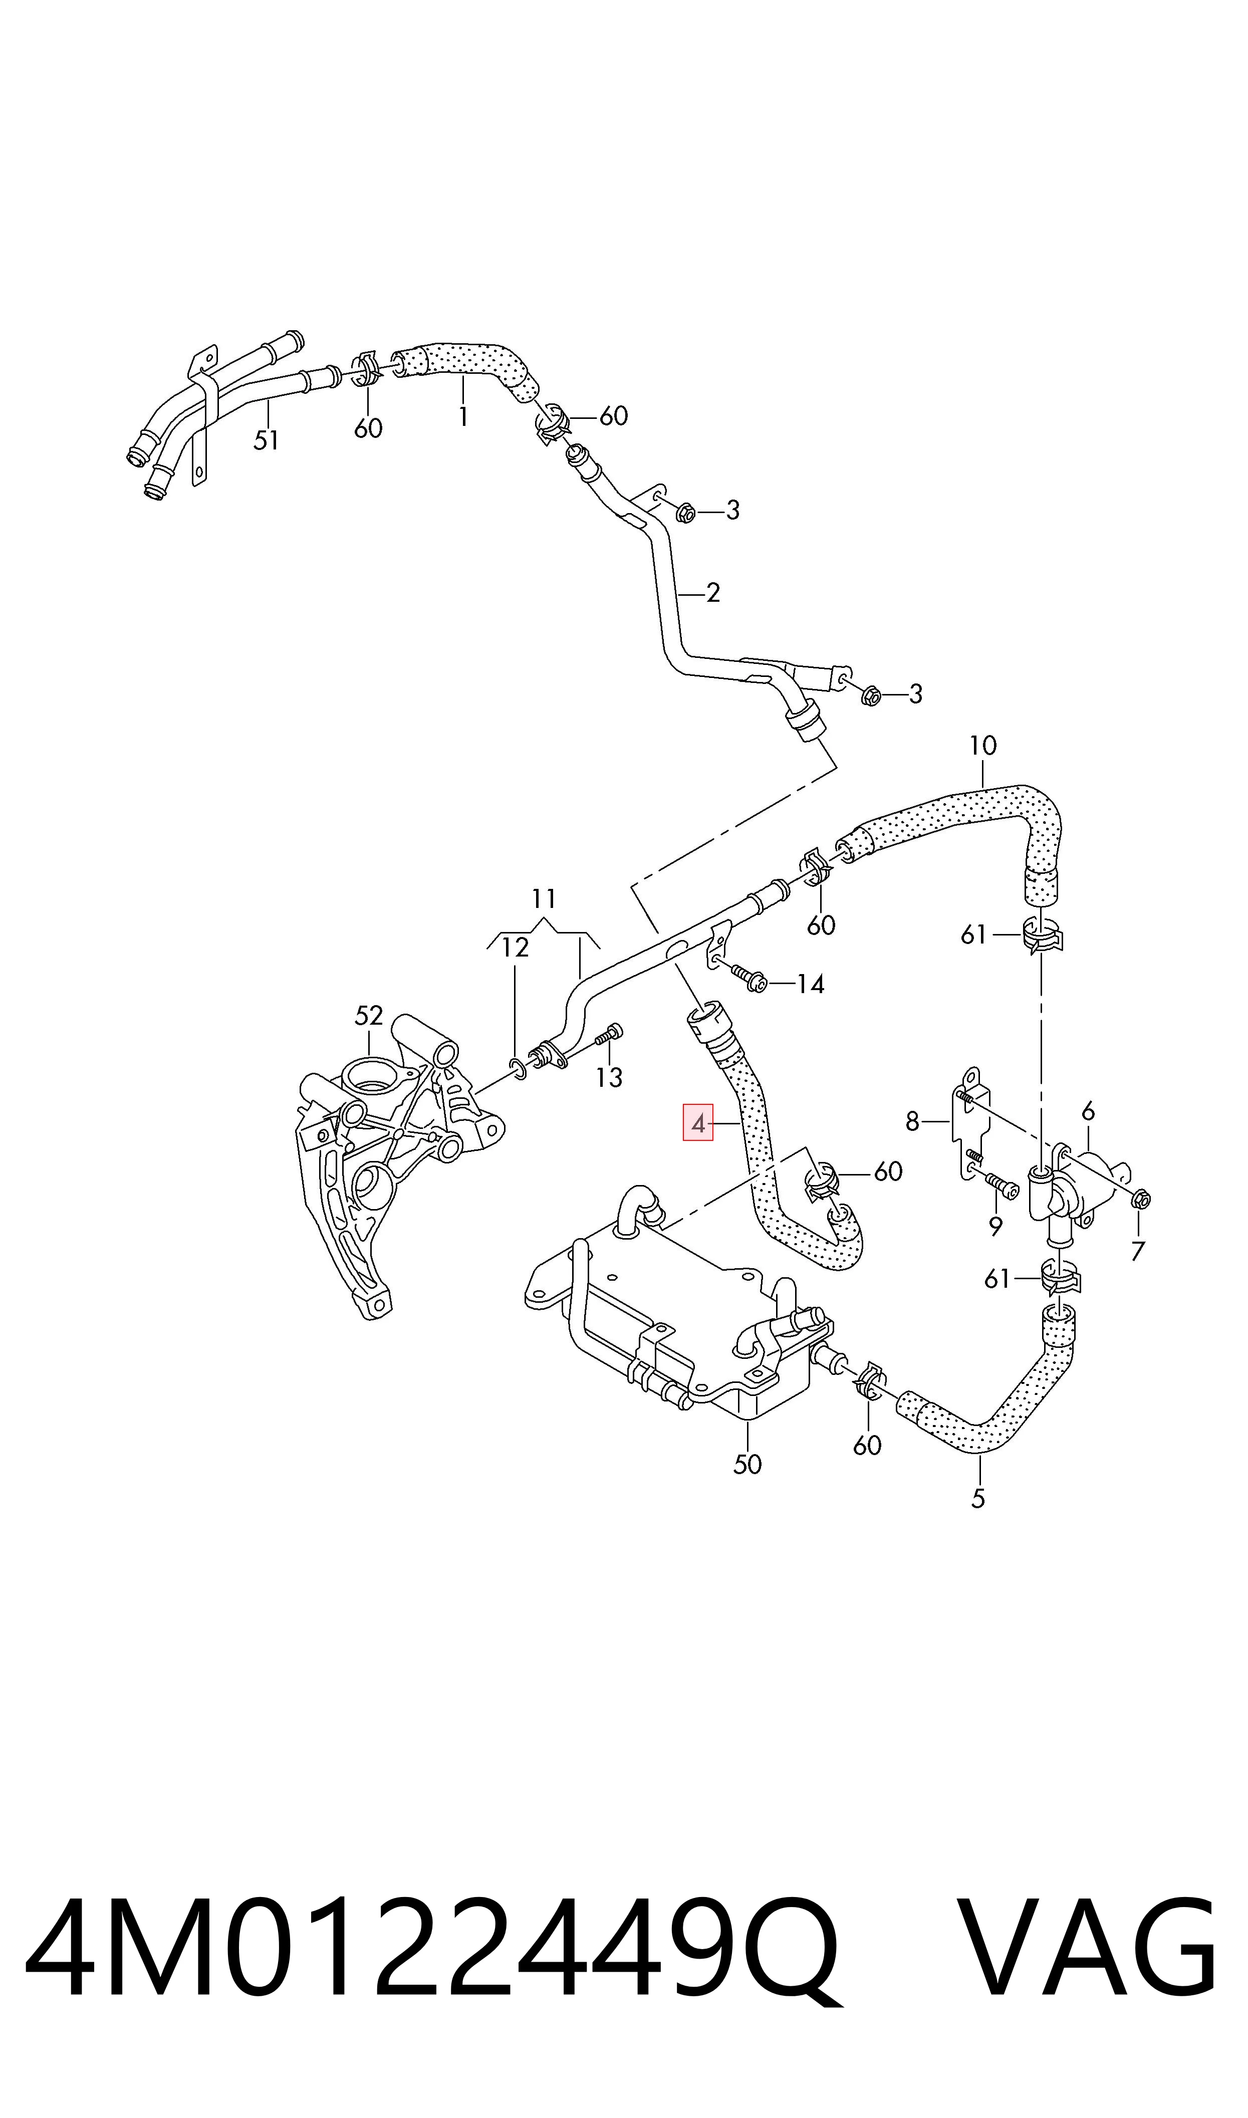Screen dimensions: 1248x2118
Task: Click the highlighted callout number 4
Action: [x=698, y=1122]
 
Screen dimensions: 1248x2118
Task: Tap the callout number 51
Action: [x=266, y=440]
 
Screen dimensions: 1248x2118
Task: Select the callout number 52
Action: [x=368, y=1016]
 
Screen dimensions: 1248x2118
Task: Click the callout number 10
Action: [x=982, y=746]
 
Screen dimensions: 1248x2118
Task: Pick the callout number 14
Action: [x=810, y=984]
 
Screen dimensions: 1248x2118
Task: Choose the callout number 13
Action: [x=609, y=1077]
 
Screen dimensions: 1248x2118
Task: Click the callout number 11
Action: [x=544, y=899]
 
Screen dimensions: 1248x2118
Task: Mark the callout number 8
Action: [x=912, y=1122]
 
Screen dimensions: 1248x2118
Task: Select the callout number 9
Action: [x=995, y=1227]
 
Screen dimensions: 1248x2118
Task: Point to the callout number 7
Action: [x=1138, y=1251]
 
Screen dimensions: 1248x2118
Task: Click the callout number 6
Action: [x=1088, y=1111]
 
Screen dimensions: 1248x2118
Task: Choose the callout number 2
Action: [x=713, y=593]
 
